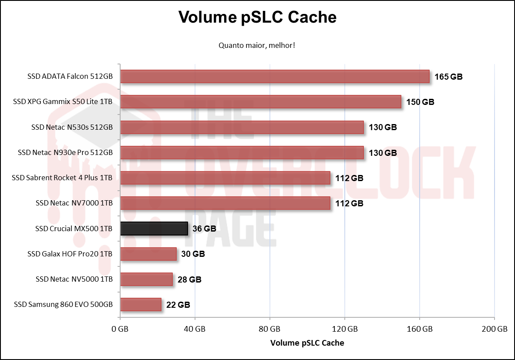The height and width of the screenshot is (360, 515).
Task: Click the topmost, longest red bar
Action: click(274, 76)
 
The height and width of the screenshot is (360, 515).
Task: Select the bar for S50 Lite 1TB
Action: click(260, 101)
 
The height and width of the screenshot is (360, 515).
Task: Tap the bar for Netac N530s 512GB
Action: click(242, 127)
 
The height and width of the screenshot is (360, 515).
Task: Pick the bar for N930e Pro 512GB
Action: click(242, 153)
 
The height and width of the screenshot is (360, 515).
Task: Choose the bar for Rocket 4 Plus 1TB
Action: click(225, 178)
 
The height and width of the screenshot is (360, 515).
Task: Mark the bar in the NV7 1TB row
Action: click(225, 203)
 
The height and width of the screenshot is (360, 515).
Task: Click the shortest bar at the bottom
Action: click(141, 305)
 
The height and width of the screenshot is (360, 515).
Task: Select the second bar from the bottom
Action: click(146, 279)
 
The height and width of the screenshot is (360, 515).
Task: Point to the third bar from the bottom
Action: click(148, 254)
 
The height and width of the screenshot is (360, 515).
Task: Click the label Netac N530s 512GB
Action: click(80, 128)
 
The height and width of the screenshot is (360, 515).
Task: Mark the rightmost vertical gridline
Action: click(495, 192)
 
